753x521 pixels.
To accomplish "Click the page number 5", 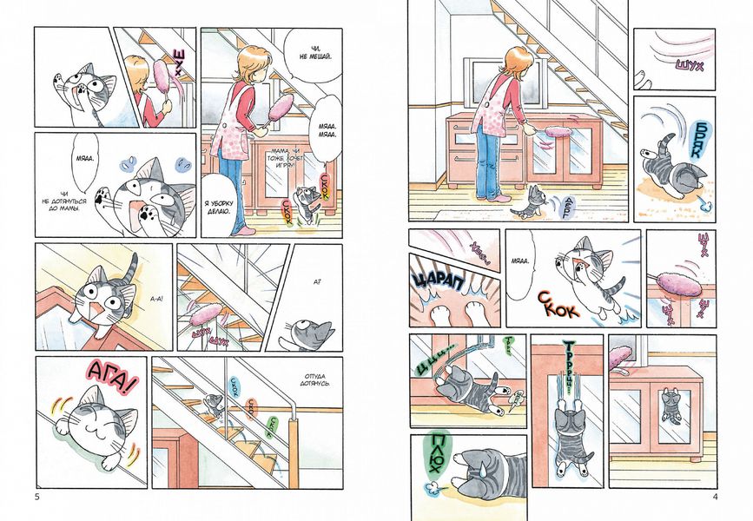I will click(36, 497).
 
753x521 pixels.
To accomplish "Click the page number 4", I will click(714, 497).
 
